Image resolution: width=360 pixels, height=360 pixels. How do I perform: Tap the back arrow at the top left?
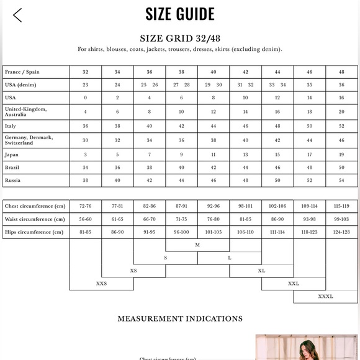(x=17, y=15)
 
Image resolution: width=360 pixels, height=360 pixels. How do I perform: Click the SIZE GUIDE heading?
(x=180, y=14)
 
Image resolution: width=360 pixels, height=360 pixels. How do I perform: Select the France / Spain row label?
(x=22, y=72)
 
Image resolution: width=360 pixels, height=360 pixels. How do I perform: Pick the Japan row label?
(x=12, y=154)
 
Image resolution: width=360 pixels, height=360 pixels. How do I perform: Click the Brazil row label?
(x=12, y=167)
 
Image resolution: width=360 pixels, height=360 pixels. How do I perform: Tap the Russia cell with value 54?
(x=341, y=180)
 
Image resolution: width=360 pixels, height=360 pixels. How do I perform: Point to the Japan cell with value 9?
(x=181, y=154)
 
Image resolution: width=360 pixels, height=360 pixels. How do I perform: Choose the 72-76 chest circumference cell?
(x=86, y=205)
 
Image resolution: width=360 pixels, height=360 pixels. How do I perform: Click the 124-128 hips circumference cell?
(x=341, y=232)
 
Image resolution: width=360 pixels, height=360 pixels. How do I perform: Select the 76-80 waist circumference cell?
(x=213, y=219)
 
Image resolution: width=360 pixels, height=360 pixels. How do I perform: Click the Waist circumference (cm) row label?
(x=35, y=219)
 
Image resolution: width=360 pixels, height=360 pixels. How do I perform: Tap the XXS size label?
(x=101, y=283)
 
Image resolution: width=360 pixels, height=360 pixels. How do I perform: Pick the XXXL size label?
(x=325, y=296)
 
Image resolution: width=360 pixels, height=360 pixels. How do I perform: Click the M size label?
(x=197, y=245)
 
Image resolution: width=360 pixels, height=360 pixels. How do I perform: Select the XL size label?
(x=261, y=271)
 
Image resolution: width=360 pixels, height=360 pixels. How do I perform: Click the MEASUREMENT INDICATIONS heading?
(x=180, y=318)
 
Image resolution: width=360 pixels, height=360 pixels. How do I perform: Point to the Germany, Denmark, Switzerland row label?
(x=29, y=140)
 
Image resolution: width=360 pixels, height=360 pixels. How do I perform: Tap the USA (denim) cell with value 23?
(x=86, y=85)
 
